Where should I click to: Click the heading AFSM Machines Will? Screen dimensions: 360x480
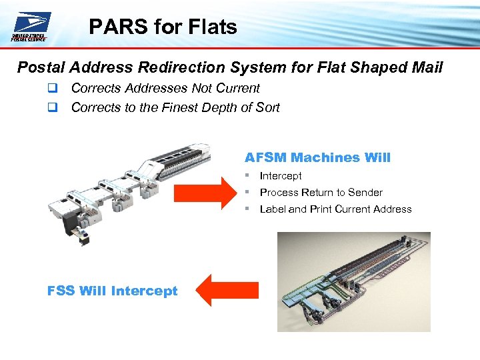(x=317, y=158)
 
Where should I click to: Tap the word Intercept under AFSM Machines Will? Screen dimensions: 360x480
(x=281, y=176)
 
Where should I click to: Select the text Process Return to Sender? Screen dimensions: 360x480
(x=321, y=193)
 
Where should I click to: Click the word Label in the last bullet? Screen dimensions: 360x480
(x=273, y=209)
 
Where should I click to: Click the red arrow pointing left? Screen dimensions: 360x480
(x=229, y=290)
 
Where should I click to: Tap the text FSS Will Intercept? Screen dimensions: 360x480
(x=113, y=291)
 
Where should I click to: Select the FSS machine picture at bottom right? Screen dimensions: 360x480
(x=353, y=281)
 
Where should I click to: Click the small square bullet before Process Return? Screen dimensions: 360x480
(x=247, y=192)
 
